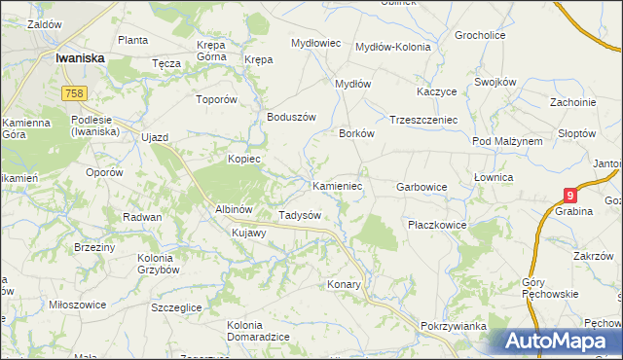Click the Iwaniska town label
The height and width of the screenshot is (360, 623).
pyautogui.click(x=80, y=57)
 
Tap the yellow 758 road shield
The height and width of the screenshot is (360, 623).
pyautogui.click(x=73, y=92)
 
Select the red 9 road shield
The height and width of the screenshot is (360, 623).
pyautogui.click(x=570, y=195)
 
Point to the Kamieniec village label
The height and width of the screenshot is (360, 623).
pyautogui.click(x=337, y=185)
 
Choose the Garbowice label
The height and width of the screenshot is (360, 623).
pyautogui.click(x=421, y=186)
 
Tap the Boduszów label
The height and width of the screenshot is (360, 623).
pyautogui.click(x=292, y=117)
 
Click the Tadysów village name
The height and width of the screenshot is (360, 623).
pyautogui.click(x=300, y=214)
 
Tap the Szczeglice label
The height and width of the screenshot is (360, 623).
pyautogui.click(x=176, y=306)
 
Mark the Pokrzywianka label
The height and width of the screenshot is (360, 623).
pyautogui.click(x=454, y=326)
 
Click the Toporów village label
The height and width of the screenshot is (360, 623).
pyautogui.click(x=216, y=99)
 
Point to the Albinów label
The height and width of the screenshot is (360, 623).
pyautogui.click(x=234, y=209)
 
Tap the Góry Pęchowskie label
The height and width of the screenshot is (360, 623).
pyautogui.click(x=550, y=288)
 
